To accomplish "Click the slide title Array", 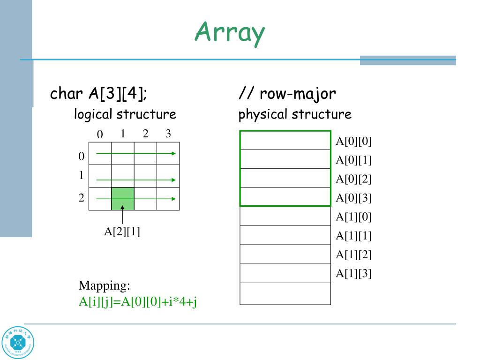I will click(230, 33).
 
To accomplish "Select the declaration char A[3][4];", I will click(98, 94).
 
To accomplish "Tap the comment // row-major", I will click(287, 94).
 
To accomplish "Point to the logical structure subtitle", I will click(125, 114).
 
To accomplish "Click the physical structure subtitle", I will click(295, 114).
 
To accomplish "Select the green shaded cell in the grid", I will click(122, 198).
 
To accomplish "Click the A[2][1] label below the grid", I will click(122, 231).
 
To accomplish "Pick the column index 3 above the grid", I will click(168, 134).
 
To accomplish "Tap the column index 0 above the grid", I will click(99, 135).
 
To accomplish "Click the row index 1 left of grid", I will click(81, 175).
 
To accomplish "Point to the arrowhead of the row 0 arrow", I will click(174, 153).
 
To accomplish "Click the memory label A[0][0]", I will click(353, 142).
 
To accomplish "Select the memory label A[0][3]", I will click(353, 198).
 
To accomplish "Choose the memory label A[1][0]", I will click(353, 217).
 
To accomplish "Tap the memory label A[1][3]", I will click(353, 273).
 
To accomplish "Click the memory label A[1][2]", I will click(353, 255).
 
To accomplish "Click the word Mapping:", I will click(104, 285).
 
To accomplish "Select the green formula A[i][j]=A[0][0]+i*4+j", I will click(137, 301).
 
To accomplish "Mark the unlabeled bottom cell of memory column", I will click(285, 293).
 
